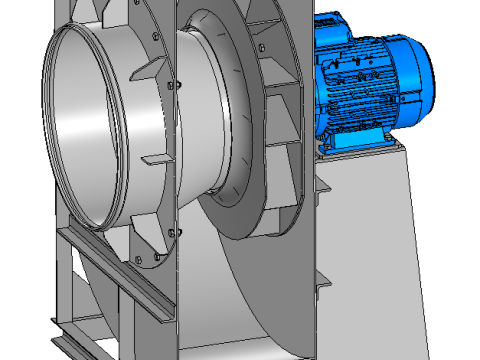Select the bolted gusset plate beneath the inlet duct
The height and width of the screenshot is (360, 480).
[150, 250]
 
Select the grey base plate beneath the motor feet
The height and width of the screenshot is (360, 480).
[360, 153]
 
